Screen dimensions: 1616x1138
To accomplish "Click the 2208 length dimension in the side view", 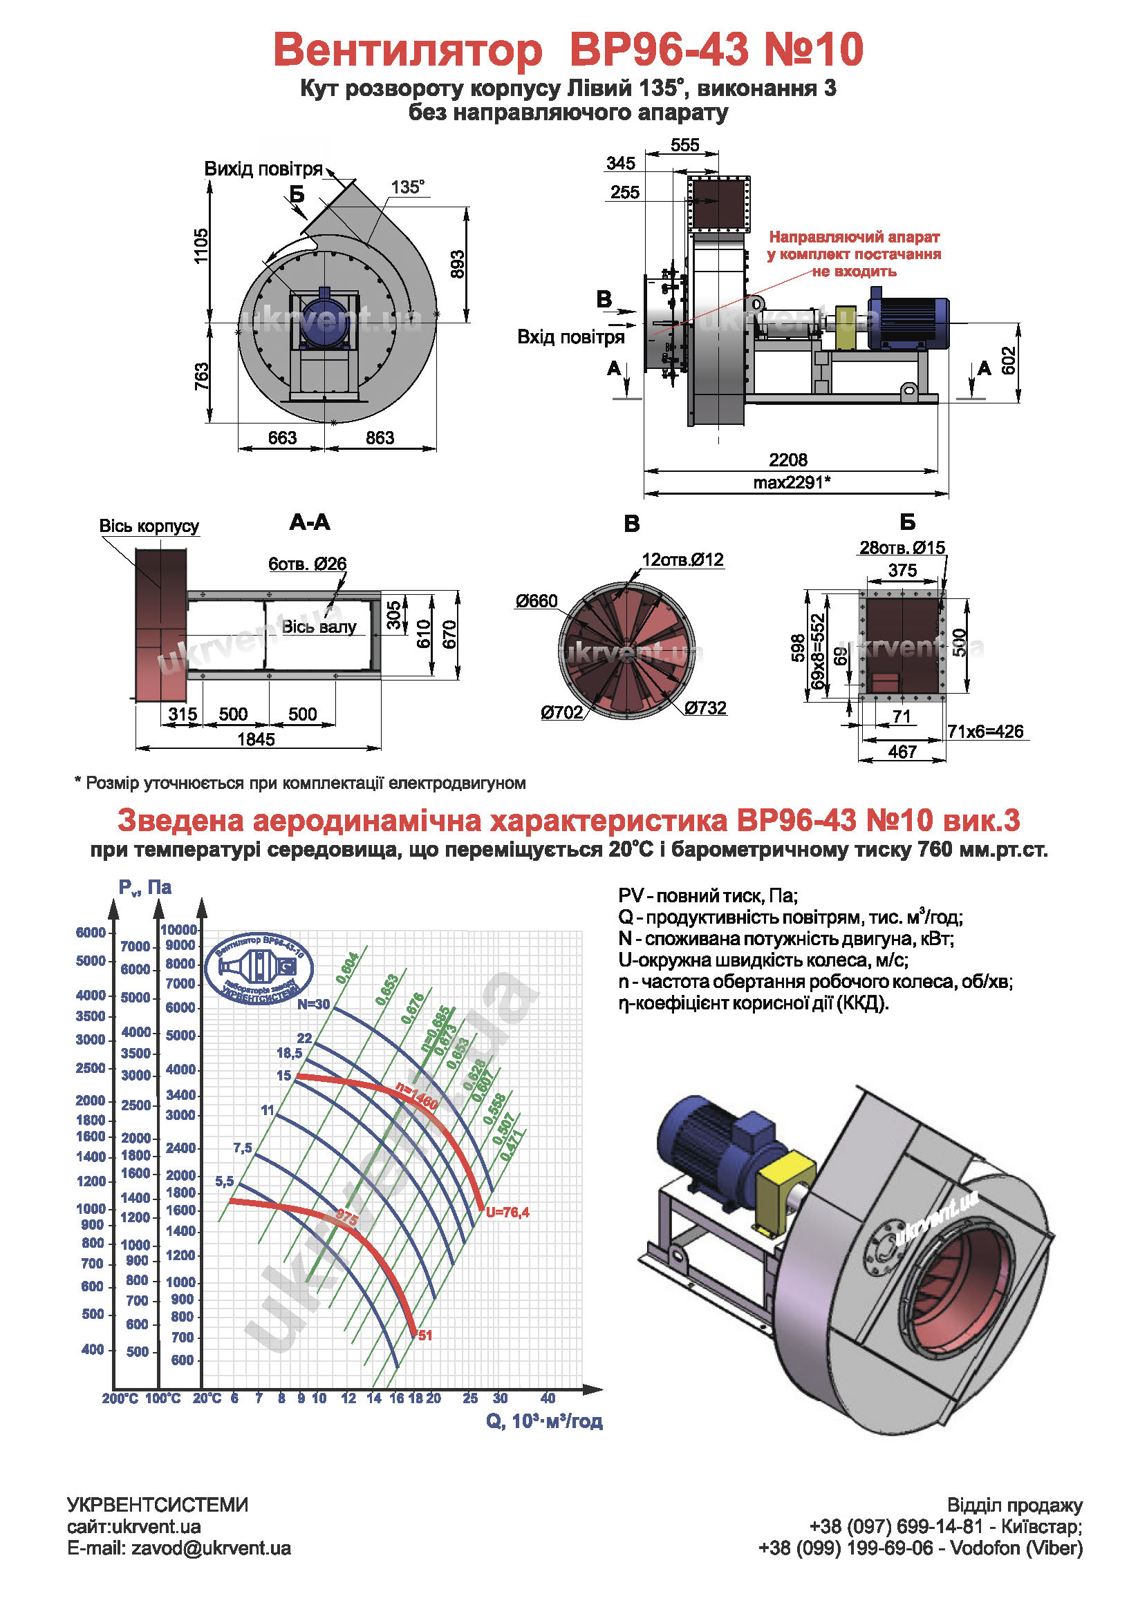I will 787,459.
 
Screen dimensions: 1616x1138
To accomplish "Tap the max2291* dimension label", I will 791,482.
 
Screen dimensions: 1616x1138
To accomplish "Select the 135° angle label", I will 408,187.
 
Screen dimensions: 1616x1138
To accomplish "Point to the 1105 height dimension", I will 201,246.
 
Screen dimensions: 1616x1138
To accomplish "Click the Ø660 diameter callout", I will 536,601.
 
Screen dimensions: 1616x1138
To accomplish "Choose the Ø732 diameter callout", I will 705,708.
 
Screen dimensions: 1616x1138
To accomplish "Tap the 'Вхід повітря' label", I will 570,337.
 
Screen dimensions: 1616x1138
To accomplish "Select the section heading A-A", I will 309,522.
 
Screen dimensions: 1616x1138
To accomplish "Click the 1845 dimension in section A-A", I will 256,739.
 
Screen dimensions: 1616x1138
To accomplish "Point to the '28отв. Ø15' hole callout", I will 902,548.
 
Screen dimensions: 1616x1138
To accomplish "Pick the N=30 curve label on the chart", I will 313,1005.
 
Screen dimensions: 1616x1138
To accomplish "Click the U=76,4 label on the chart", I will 507,1212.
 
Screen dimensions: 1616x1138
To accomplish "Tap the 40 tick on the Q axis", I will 547,1398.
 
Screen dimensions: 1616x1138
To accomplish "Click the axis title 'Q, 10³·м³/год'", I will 543,1421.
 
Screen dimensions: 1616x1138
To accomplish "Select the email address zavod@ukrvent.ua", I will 211,1548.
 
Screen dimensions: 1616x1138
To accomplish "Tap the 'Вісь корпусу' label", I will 149,526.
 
